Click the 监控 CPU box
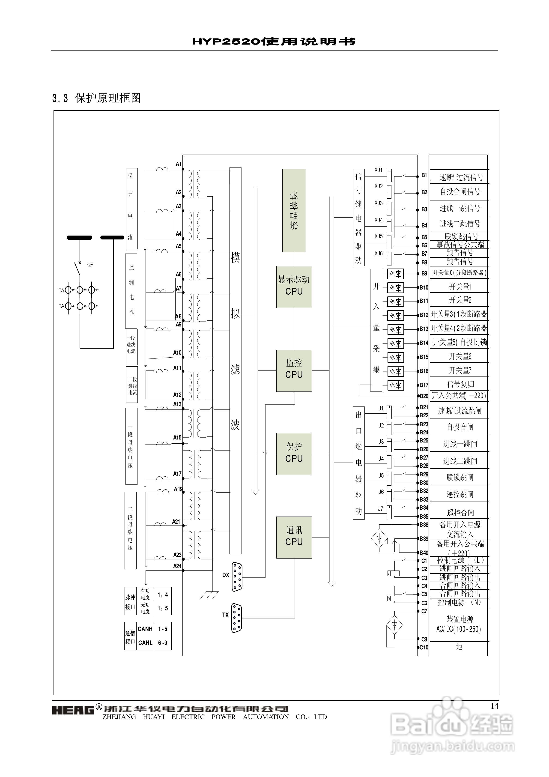tap(294, 370)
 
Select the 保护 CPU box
tap(294, 454)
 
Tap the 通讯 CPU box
tap(294, 537)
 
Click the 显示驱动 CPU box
tap(294, 287)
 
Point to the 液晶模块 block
tap(294, 210)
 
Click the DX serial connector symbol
tap(237, 576)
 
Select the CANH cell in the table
tap(145, 629)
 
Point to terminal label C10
tap(424, 647)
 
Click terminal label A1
tap(178, 164)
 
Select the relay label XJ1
tap(378, 170)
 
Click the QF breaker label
tap(90, 265)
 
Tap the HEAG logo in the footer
tap(73, 710)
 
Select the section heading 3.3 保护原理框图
tap(96, 98)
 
